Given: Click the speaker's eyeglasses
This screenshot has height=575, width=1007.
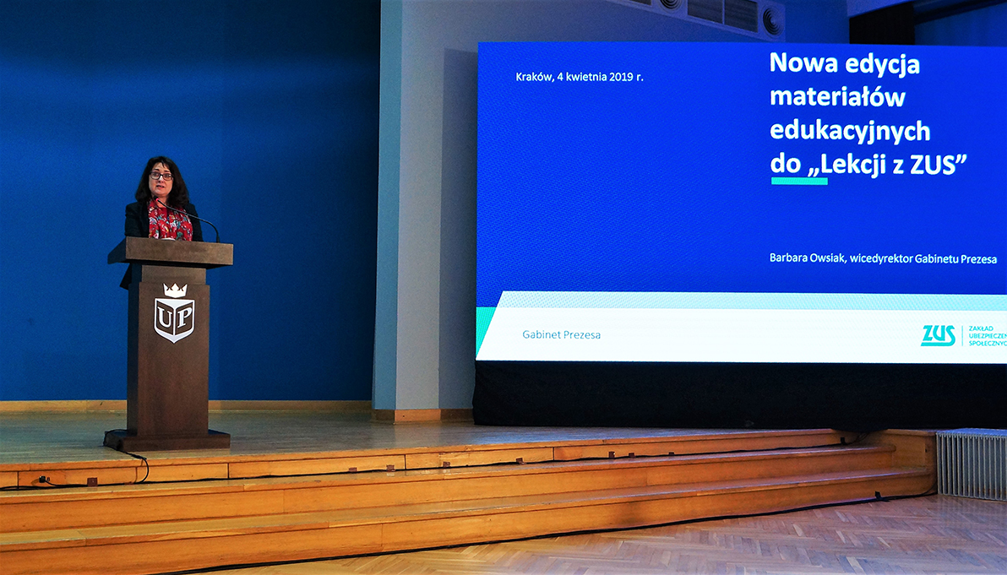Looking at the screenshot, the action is click(x=161, y=176).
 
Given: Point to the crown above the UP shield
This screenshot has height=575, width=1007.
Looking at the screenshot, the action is click(x=175, y=290).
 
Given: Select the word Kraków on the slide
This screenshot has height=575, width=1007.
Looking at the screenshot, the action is click(x=534, y=77).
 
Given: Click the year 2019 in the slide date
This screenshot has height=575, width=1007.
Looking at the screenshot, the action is click(x=621, y=77).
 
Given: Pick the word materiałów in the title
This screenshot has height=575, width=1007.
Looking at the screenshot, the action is click(x=837, y=97).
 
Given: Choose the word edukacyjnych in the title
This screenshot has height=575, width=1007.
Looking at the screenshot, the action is click(x=850, y=132).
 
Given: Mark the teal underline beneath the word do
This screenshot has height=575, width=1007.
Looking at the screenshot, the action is click(x=799, y=181).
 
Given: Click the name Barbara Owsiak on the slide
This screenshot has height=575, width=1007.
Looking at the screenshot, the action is click(x=808, y=258).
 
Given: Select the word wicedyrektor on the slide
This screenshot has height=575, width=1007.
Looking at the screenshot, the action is click(x=880, y=258).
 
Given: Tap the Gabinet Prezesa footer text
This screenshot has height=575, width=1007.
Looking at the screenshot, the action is click(x=561, y=334).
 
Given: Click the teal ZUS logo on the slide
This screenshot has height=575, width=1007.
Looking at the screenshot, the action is click(x=939, y=336).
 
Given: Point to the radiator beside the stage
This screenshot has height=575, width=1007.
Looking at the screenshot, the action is click(x=971, y=464).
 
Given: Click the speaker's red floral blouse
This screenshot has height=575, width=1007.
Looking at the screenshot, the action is click(x=169, y=221).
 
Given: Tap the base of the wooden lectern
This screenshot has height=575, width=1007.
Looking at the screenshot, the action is click(x=167, y=440).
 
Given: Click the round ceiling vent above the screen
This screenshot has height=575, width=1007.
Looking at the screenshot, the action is click(x=771, y=21).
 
